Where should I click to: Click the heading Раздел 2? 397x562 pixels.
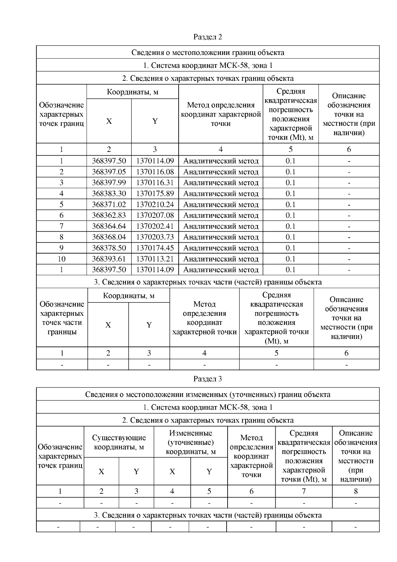coord(207,37)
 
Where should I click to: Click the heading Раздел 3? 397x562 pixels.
coord(207,379)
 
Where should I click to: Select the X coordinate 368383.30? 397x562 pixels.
coord(109,194)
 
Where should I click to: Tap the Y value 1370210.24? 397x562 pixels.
coord(155,205)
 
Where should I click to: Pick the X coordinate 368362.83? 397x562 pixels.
coord(109,215)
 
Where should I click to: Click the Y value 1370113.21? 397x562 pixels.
coord(155,259)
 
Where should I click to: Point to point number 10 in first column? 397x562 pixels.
coord(62,259)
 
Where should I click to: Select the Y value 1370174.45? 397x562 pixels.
coord(155,248)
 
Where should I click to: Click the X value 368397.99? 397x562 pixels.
coord(109,183)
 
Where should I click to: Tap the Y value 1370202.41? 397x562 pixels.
coord(155,226)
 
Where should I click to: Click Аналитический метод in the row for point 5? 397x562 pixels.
coord(221,205)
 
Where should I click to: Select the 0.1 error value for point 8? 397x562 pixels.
coord(290,237)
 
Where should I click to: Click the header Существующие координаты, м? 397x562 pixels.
coord(119,442)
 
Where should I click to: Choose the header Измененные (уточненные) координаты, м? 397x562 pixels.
coord(191,442)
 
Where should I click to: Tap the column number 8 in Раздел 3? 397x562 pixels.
coord(356,491)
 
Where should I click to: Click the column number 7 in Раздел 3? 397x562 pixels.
coord(303,491)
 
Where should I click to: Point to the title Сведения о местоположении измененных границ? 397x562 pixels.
coord(207,394)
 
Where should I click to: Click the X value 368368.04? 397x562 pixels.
coord(109,237)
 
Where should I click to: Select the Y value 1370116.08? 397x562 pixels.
coord(155,172)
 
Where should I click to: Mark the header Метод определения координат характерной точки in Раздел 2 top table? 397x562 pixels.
coord(221,114)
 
